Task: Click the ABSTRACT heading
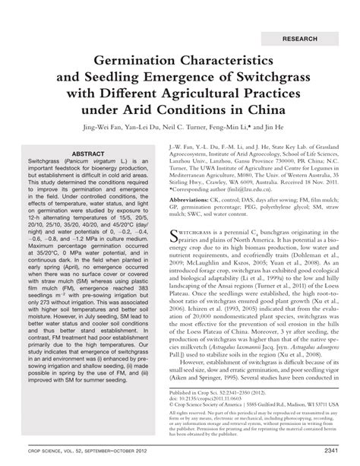tap(90, 153)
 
